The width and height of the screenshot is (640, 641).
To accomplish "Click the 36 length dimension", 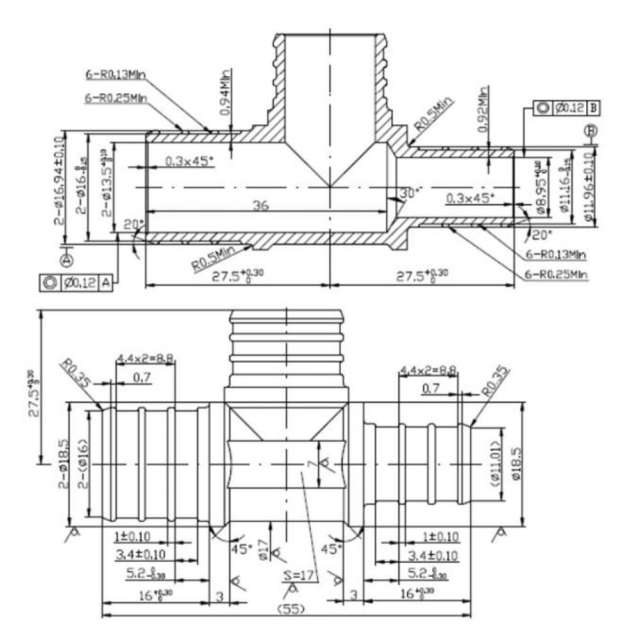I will click(x=260, y=205).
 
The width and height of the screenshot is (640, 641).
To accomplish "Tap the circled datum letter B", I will click(x=591, y=131).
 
